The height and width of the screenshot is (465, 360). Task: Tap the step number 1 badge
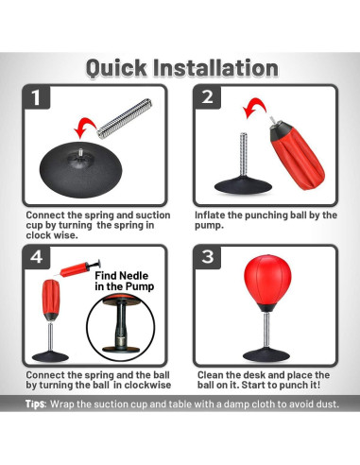[x=36, y=97]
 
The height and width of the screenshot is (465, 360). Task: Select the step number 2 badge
[x=207, y=97]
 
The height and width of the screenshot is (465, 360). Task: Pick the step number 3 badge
[x=207, y=257]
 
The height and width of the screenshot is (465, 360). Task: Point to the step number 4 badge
[x=37, y=257]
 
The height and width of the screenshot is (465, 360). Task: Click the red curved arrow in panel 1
[x=84, y=127]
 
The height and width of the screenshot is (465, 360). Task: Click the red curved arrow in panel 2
[x=254, y=107]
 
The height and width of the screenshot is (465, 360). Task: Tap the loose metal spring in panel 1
[x=125, y=118]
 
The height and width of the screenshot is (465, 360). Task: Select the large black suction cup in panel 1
[x=80, y=170]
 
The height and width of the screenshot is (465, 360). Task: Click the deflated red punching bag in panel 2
[x=296, y=154]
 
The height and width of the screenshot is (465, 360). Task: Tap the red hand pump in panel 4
[x=78, y=268]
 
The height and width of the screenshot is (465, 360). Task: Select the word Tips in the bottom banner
[x=36, y=404]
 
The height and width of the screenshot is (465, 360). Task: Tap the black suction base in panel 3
[x=266, y=354]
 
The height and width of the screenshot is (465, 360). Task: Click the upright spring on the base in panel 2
[x=244, y=155]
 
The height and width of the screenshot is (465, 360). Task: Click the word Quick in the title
[x=116, y=68]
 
